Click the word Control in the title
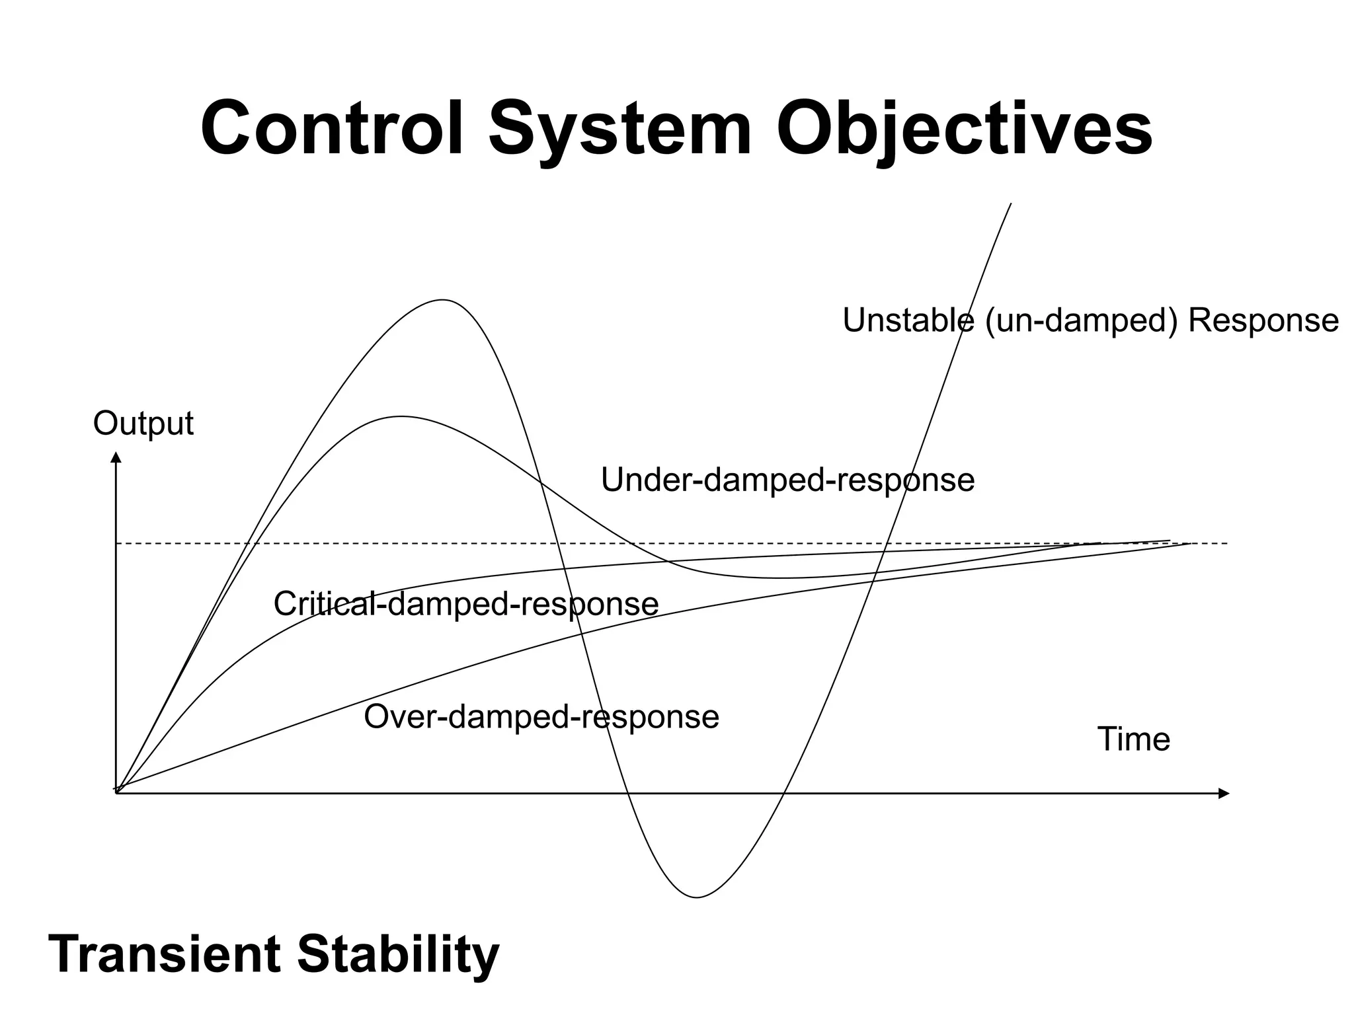(x=331, y=128)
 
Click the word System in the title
(x=619, y=128)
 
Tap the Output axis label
(x=143, y=424)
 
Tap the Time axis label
(x=1133, y=739)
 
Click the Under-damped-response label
(x=787, y=480)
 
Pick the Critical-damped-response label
(x=465, y=604)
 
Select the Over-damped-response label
(x=541, y=717)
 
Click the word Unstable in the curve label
(x=907, y=320)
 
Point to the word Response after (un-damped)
(x=1263, y=320)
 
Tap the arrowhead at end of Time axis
(x=1224, y=793)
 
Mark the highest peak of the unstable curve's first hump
(x=442, y=300)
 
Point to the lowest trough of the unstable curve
(x=697, y=897)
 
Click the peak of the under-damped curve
(x=400, y=416)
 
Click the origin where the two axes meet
(x=116, y=792)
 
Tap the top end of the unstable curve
(x=1011, y=204)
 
